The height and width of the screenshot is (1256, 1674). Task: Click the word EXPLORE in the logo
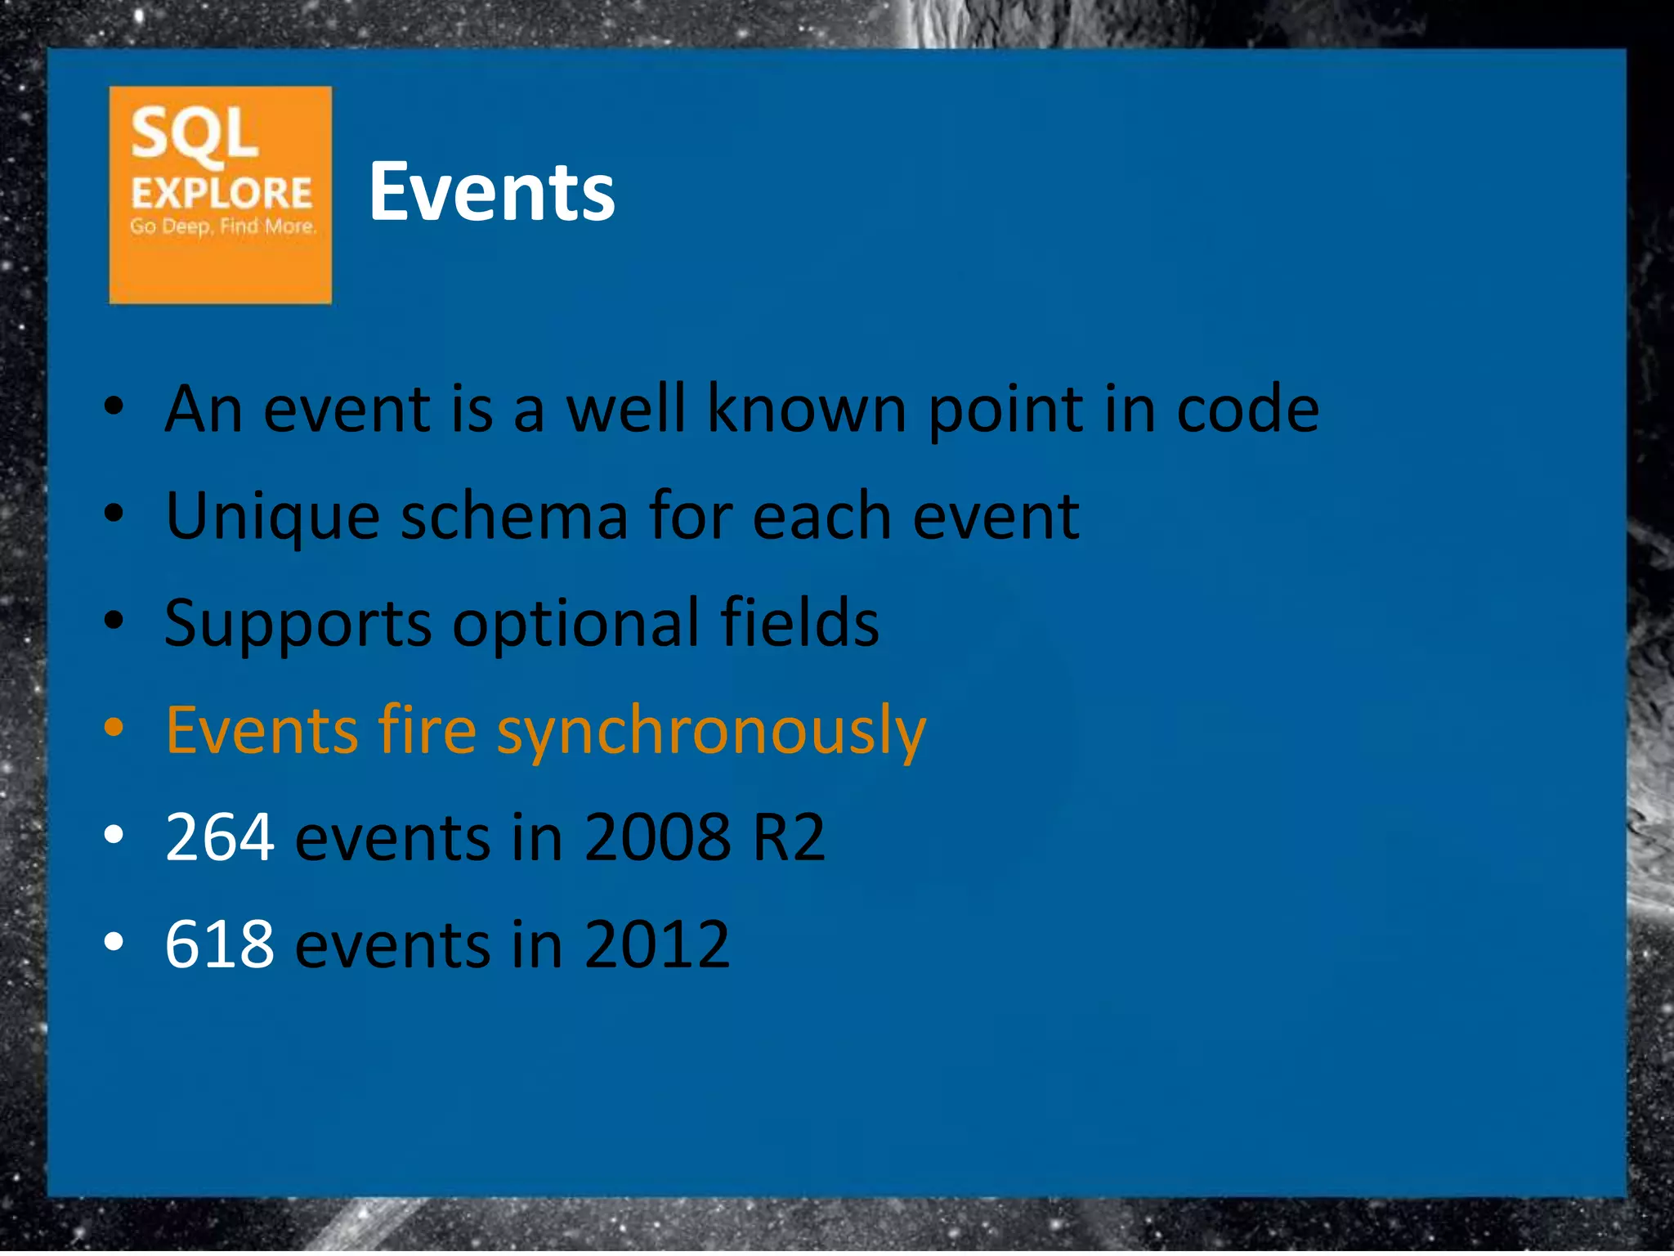(222, 195)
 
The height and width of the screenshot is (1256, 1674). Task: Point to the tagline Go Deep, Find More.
(222, 227)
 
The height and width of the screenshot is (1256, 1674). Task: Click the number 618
(219, 944)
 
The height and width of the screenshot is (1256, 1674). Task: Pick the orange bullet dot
(114, 727)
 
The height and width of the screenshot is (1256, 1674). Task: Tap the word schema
(514, 518)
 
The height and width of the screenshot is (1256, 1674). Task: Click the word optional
(575, 623)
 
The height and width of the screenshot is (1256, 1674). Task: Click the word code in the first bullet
(1247, 409)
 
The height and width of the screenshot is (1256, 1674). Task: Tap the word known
(806, 409)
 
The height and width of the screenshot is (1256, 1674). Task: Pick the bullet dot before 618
(114, 942)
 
